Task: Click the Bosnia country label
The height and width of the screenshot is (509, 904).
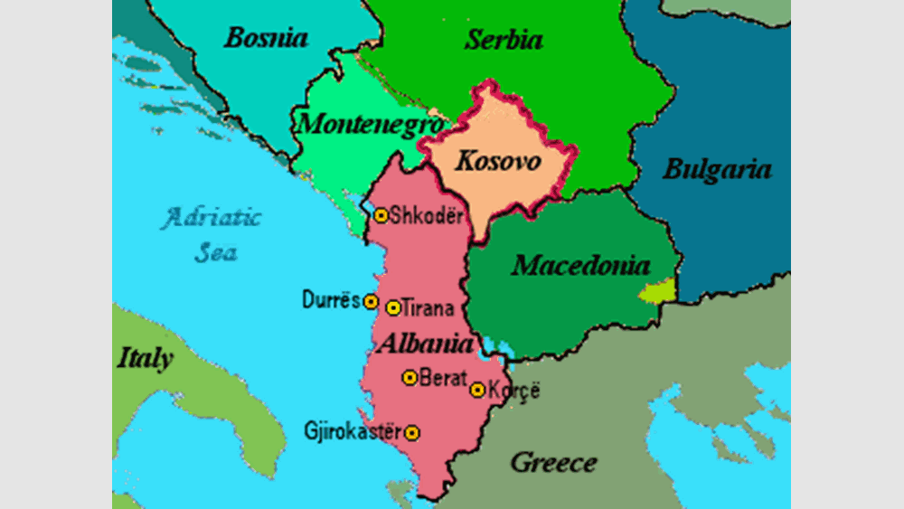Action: click(266, 38)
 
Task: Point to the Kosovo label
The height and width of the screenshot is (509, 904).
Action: click(497, 162)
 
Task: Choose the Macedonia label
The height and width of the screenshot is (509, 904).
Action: click(580, 266)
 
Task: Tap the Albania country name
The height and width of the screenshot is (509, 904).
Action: click(426, 344)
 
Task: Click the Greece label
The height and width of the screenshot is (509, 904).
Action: click(553, 463)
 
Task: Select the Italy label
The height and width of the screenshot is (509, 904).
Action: click(145, 358)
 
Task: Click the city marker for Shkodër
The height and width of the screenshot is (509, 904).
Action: click(381, 215)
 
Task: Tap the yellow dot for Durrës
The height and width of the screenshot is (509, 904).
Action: click(371, 301)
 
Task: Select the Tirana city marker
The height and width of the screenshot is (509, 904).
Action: click(393, 308)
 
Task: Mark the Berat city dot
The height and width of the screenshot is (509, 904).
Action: click(410, 378)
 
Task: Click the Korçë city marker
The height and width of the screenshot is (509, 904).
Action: click(477, 391)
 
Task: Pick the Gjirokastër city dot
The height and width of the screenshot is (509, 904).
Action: click(413, 433)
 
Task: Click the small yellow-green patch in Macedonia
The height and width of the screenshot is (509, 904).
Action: click(657, 291)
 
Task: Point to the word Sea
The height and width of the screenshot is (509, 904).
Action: click(215, 251)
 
